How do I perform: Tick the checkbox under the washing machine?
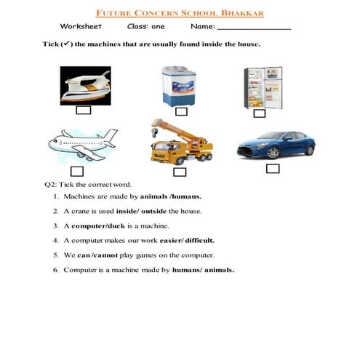click(x=177, y=111)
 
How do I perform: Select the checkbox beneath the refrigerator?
click(x=259, y=113)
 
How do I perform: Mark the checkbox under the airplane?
click(x=77, y=172)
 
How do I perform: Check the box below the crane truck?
click(x=180, y=172)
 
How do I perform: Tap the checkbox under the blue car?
click(x=273, y=169)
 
